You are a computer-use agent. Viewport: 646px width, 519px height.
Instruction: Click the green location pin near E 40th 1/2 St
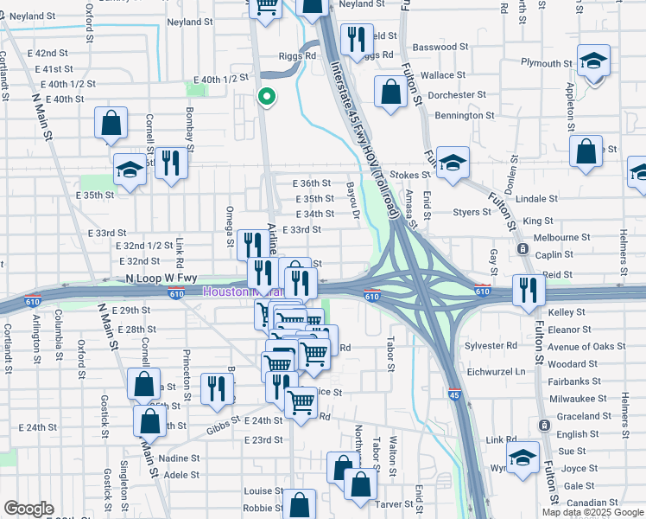click(267, 97)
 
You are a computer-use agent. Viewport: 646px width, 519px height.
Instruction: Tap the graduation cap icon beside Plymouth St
click(593, 61)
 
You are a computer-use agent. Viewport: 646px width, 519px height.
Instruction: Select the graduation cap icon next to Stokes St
click(452, 163)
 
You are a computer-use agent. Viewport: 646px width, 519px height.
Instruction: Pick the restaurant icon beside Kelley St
click(528, 291)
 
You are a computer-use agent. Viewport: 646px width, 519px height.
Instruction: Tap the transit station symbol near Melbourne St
click(522, 248)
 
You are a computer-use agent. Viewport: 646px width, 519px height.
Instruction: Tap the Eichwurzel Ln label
click(495, 371)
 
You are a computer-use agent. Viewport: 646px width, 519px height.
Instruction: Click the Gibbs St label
click(224, 429)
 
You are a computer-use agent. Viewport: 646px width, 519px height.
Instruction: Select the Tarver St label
click(394, 503)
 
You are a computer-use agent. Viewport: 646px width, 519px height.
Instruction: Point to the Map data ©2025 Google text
click(592, 512)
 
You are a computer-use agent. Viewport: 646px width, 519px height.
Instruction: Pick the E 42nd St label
click(53, 54)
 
